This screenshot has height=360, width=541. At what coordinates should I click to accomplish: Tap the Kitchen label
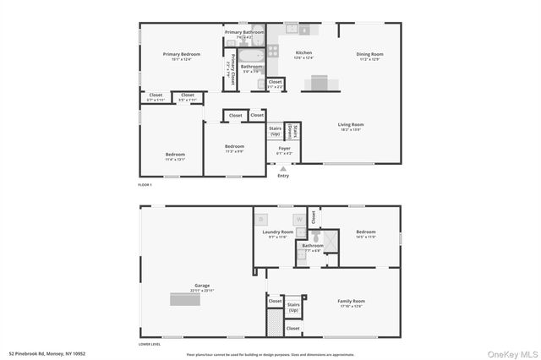[x=303, y=53]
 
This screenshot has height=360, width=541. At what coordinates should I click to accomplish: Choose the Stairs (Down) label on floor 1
[x=291, y=130]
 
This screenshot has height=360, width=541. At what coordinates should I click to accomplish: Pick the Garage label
[x=202, y=286]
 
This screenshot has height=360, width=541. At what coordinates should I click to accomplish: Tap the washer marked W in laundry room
[x=298, y=219]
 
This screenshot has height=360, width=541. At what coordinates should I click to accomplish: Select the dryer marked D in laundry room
[x=261, y=219]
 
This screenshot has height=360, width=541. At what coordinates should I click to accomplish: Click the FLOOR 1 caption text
[x=145, y=184]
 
